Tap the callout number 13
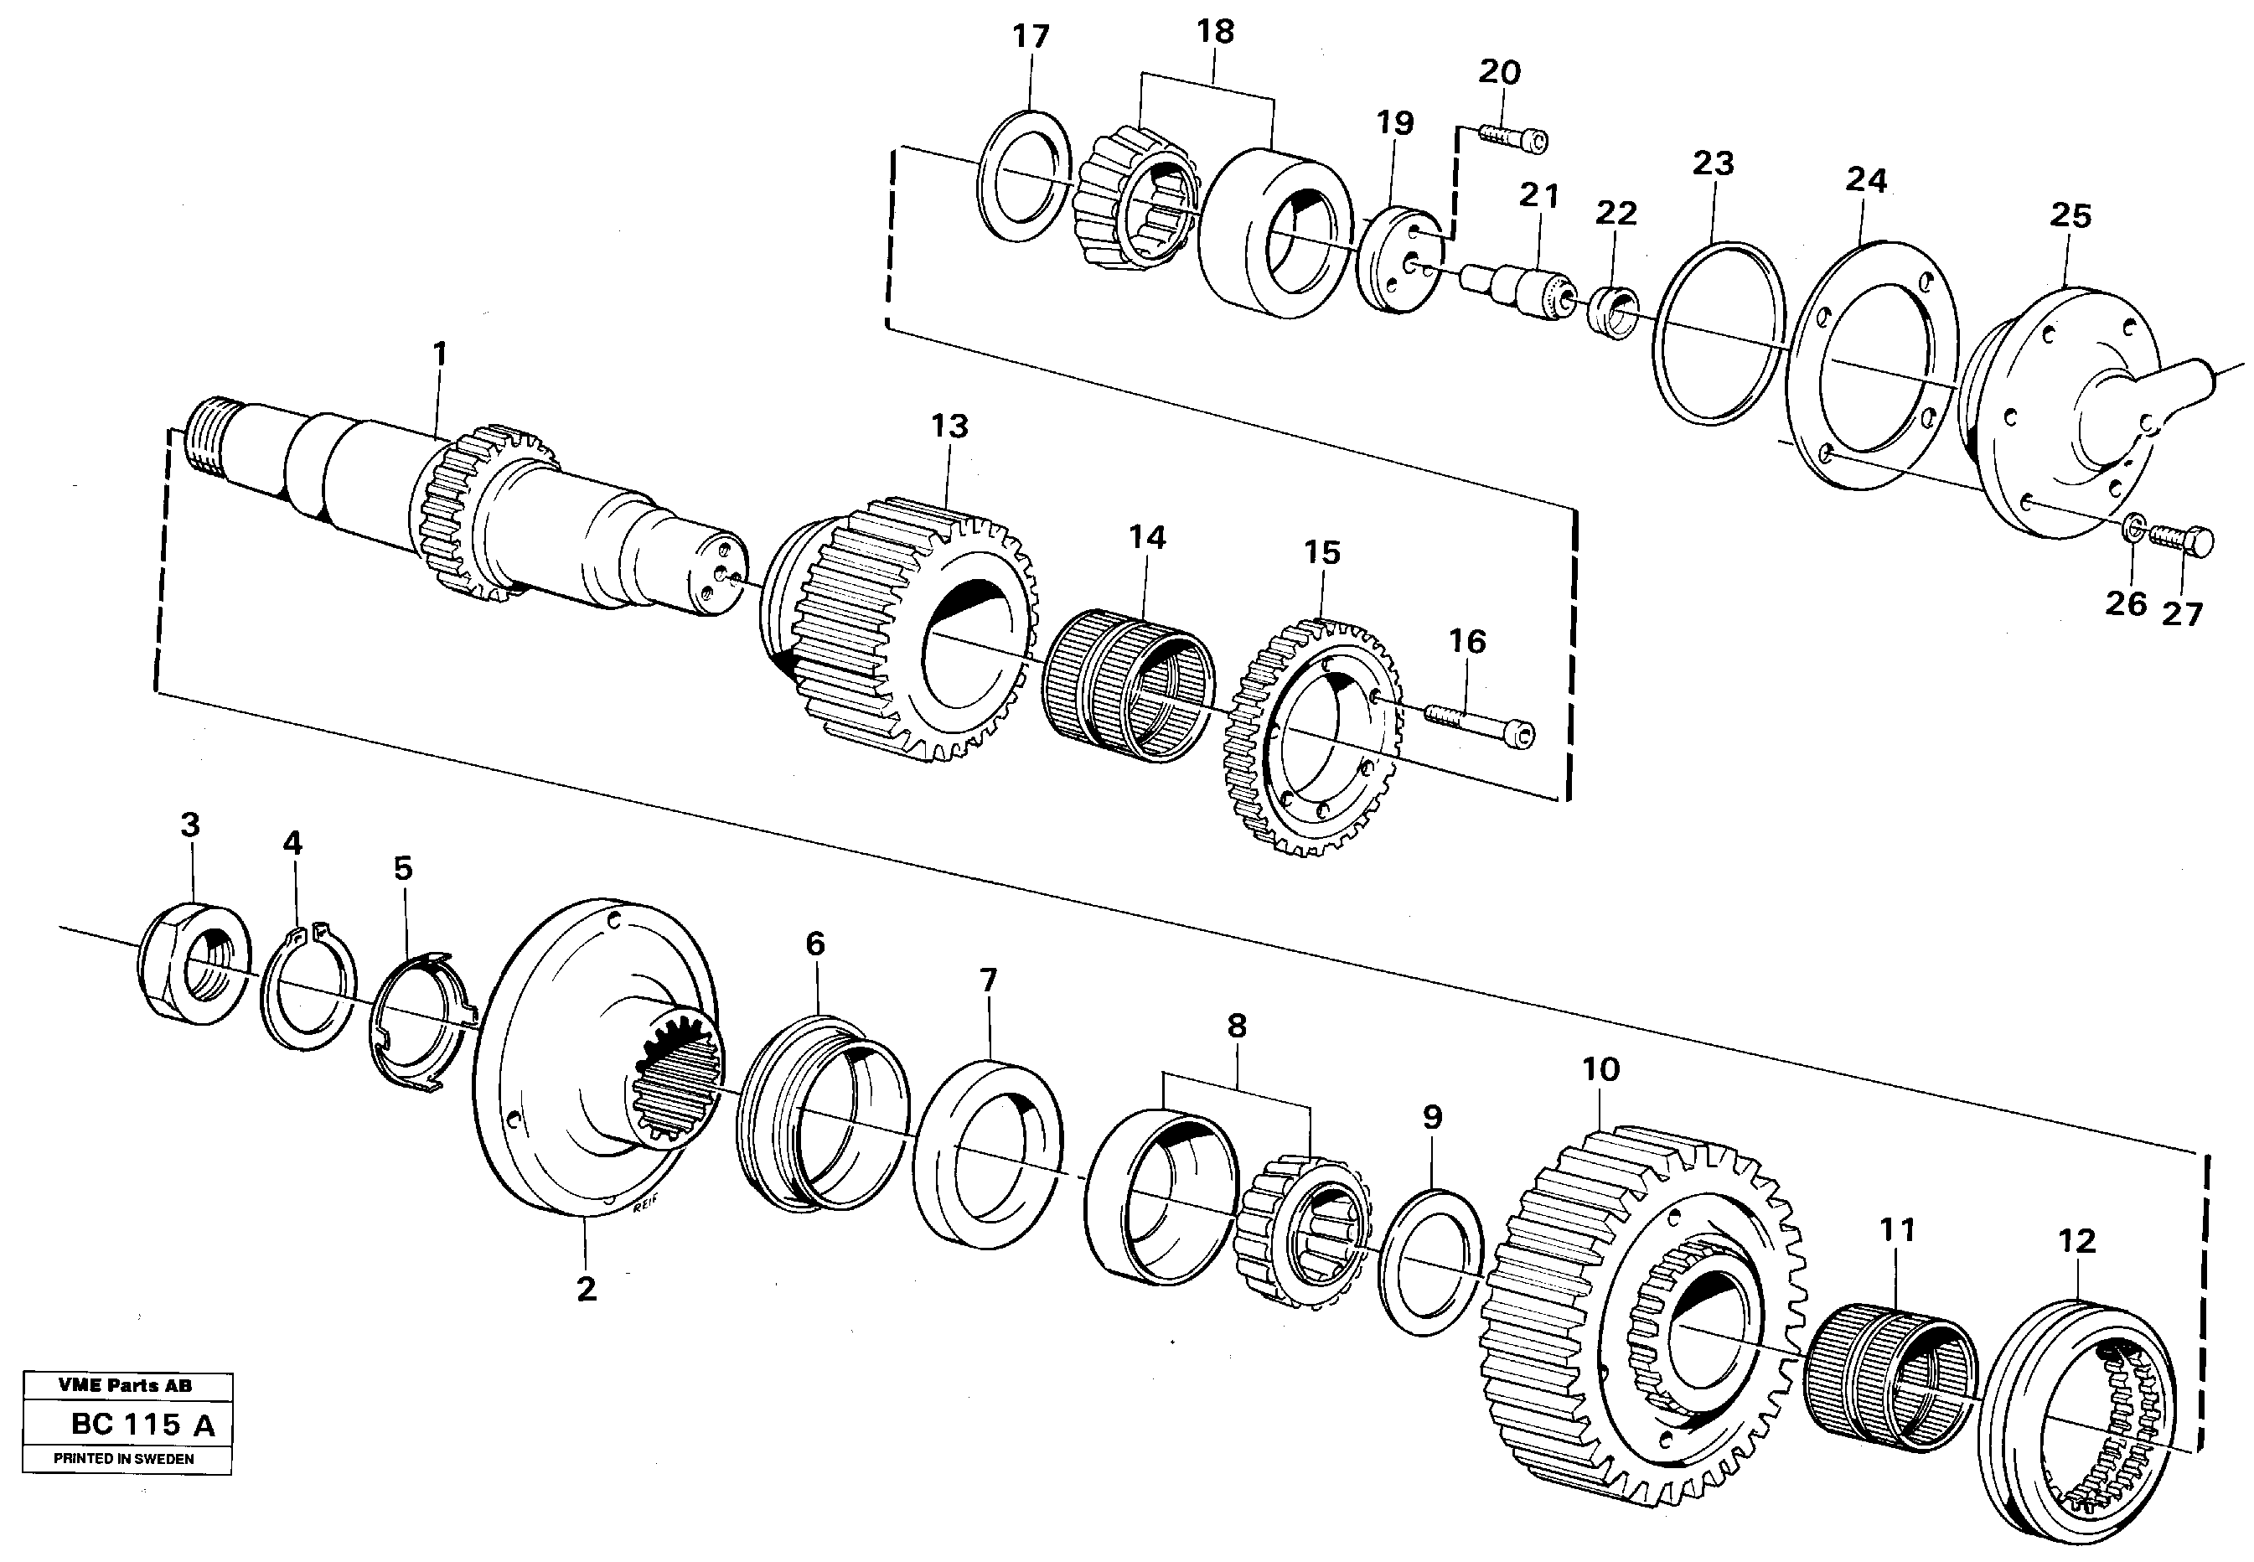pyautogui.click(x=949, y=427)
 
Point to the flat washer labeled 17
pyautogui.click(x=1024, y=175)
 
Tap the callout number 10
pyautogui.click(x=1601, y=1070)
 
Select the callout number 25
pyautogui.click(x=2070, y=216)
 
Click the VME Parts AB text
pyautogui.click(x=126, y=1385)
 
